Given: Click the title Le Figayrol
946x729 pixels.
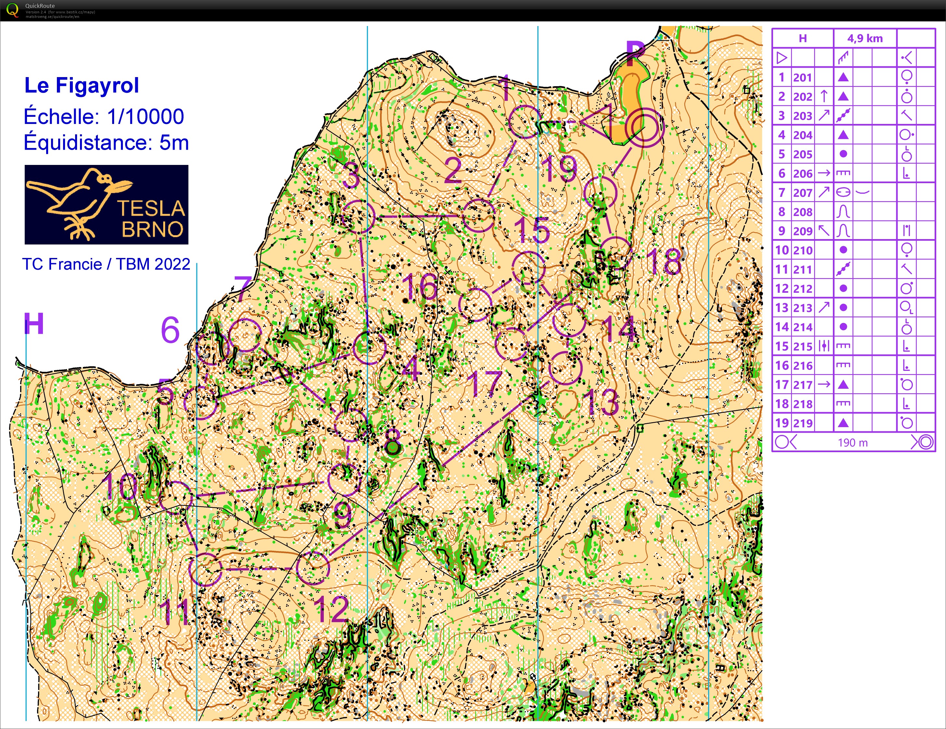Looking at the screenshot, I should pyautogui.click(x=81, y=85).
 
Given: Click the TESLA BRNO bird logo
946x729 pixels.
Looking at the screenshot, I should pyautogui.click(x=106, y=204).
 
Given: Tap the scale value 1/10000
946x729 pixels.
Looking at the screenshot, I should pyautogui.click(x=146, y=116).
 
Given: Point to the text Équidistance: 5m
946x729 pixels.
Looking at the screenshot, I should pyautogui.click(x=106, y=142).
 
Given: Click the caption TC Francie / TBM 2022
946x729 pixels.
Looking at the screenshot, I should pyautogui.click(x=106, y=264).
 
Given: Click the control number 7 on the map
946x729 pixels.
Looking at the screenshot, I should pyautogui.click(x=243, y=288).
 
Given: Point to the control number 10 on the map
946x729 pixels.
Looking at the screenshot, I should pyautogui.click(x=120, y=486).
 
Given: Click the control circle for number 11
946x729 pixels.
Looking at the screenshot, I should pyautogui.click(x=205, y=569).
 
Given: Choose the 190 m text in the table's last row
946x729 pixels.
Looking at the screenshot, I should pyautogui.click(x=852, y=442).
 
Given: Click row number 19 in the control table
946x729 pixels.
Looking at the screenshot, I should pyautogui.click(x=782, y=423).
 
